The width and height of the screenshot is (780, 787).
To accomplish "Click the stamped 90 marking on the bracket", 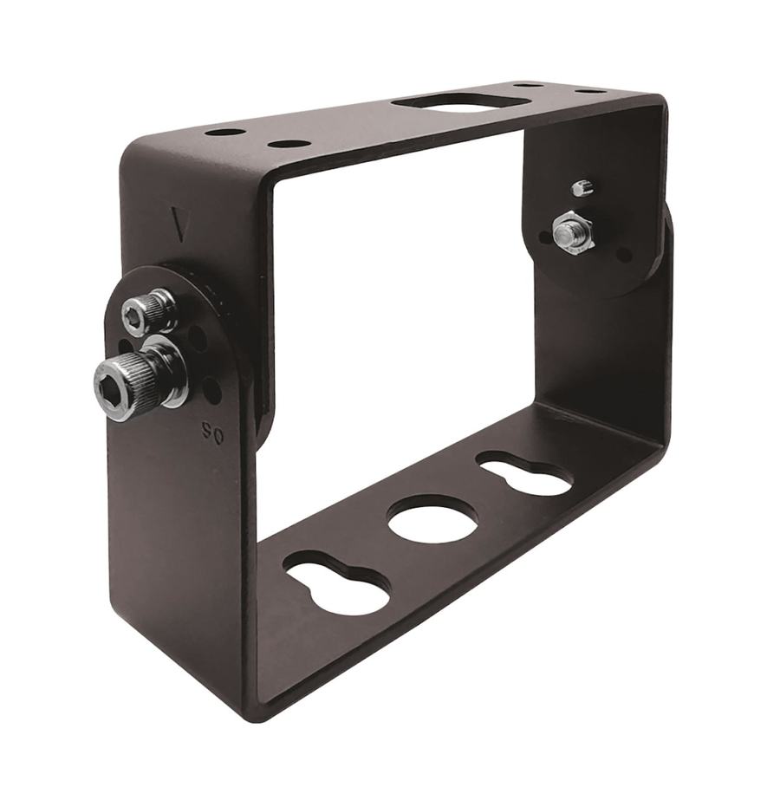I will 208,430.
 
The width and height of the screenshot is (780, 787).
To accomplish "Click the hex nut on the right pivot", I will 572,231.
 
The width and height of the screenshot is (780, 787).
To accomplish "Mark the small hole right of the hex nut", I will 623,255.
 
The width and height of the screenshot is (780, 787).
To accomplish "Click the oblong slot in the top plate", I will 446,102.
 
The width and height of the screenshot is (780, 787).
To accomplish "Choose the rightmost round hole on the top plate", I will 591,91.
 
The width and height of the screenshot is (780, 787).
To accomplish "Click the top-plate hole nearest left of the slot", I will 289,144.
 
